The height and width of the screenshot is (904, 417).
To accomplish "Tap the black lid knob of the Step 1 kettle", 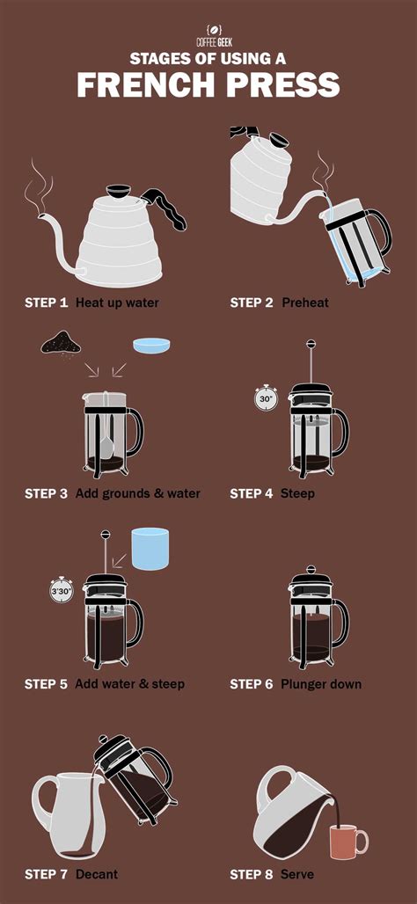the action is pos(119,190).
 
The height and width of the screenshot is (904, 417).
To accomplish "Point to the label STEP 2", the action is pos(252,303).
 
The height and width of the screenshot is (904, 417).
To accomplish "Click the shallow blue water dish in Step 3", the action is pos(151,345).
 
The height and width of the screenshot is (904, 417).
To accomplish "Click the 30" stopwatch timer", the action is pos(266,397).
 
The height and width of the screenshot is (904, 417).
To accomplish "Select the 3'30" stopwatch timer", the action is pos(61,591).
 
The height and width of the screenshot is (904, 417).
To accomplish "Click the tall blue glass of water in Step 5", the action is pos(150,548).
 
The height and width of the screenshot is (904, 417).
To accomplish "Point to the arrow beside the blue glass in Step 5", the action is pos(120,560).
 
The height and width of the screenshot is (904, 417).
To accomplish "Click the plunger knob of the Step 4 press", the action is pos(311,344).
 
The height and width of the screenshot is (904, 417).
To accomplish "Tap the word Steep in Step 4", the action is pos(297,493).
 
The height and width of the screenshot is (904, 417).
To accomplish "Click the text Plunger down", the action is pos(321,684).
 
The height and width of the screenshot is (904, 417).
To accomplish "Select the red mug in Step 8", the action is pos(347,842).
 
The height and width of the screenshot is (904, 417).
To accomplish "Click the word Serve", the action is pos(297,875).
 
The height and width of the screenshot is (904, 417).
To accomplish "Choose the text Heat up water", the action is pos(117,303).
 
